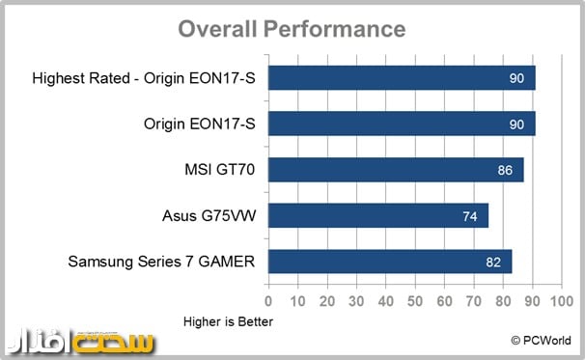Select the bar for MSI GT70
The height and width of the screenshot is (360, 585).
(x=396, y=169)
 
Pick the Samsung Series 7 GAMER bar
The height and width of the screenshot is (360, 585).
(x=390, y=262)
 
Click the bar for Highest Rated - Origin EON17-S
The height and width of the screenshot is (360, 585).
(x=401, y=77)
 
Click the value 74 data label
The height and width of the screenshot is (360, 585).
(x=470, y=216)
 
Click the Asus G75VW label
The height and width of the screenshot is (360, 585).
(x=207, y=215)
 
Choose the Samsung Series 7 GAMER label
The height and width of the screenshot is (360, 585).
(x=162, y=262)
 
